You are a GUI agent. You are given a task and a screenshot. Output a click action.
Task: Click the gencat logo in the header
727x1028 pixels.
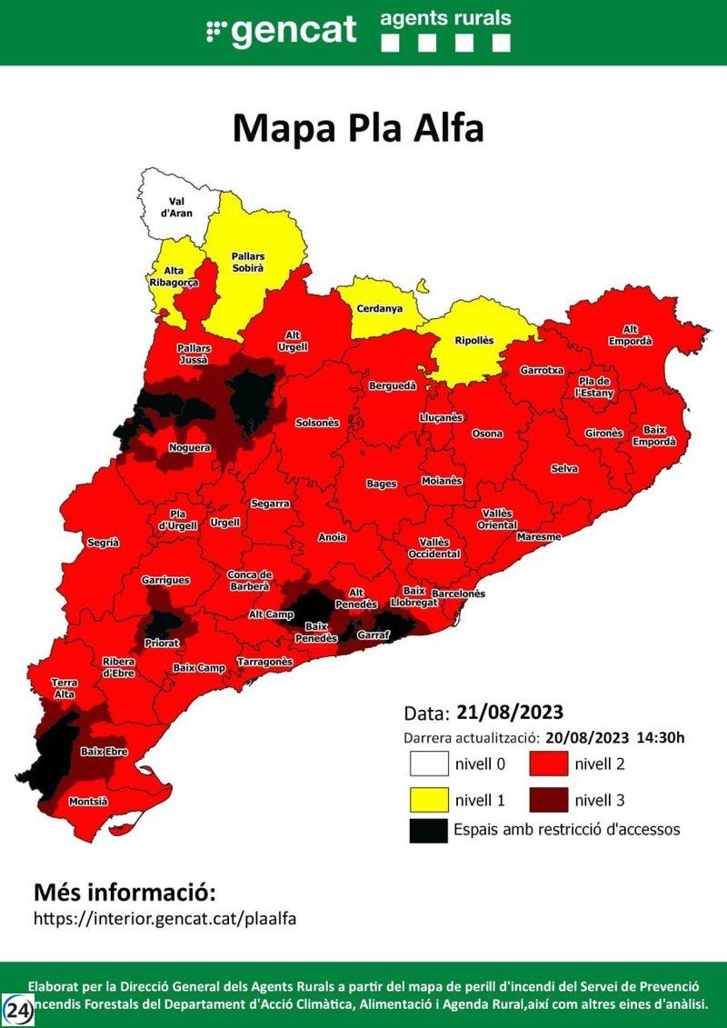point(282,31)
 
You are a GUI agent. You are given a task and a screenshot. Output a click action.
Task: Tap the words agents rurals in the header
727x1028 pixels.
point(445,17)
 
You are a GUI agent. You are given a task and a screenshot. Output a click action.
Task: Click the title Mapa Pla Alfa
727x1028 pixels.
point(358,128)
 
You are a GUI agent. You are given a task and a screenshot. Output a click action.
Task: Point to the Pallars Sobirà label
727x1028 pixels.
point(247,263)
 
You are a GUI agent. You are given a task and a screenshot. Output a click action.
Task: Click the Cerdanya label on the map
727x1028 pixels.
point(379,309)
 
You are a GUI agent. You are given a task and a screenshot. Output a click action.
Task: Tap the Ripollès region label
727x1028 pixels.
point(473,341)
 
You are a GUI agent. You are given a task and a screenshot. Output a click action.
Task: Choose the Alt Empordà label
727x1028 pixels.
point(636,335)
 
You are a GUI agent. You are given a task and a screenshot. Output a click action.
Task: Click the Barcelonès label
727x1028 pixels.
point(458,594)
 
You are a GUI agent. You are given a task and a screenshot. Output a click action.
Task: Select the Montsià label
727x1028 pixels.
point(88,802)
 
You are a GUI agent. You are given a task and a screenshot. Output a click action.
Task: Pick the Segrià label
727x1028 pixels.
point(103,543)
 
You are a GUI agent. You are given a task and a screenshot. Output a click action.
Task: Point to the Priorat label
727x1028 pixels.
point(162,643)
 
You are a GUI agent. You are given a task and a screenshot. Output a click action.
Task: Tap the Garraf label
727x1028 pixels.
point(373,634)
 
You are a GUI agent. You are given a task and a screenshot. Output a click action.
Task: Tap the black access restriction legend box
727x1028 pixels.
point(428,830)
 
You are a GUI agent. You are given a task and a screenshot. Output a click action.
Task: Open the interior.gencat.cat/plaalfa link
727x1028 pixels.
point(164,918)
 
